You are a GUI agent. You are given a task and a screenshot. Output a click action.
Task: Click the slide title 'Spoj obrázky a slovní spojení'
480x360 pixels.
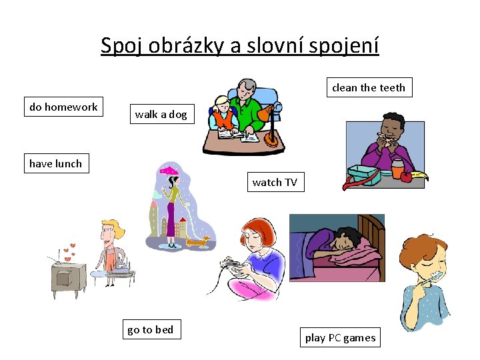(239, 45)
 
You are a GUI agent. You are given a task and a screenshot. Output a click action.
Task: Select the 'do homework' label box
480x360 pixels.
(63, 107)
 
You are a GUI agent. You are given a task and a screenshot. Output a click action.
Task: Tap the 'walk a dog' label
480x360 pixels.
(161, 114)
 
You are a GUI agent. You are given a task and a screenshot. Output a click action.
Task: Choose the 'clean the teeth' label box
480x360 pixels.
(369, 87)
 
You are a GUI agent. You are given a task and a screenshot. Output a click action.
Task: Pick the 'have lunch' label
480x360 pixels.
(55, 163)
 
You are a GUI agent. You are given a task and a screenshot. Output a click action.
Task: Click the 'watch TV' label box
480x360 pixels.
(275, 182)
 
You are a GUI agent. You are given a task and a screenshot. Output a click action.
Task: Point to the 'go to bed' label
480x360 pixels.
(150, 329)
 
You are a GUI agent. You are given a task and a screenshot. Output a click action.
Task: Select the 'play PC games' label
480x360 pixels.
(340, 337)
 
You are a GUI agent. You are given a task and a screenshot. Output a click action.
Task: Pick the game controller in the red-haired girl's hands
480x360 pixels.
(233, 265)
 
